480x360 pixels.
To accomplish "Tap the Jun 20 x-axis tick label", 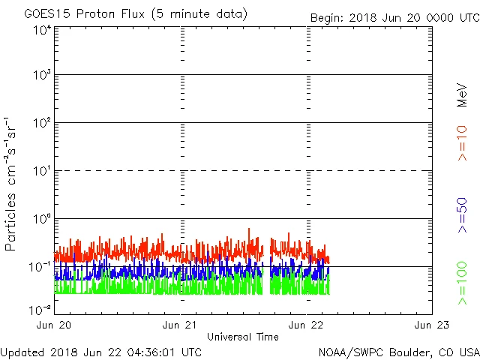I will click(x=55, y=325).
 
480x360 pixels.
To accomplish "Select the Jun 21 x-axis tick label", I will click(x=181, y=325).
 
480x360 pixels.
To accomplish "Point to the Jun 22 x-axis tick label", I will click(x=307, y=325).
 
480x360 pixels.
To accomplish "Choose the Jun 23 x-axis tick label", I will click(x=432, y=325).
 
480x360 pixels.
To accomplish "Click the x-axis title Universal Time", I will click(x=243, y=337).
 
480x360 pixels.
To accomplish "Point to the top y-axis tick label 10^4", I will click(x=42, y=29).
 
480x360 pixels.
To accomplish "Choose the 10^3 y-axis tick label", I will click(x=42, y=76).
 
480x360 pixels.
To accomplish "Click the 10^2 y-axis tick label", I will click(x=42, y=123).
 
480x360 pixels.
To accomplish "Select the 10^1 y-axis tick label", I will click(x=42, y=171).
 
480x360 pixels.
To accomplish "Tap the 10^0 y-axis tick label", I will click(x=42, y=219).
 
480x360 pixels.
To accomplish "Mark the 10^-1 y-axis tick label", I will click(x=40, y=267).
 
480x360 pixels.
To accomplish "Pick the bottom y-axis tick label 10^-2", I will click(x=40, y=309).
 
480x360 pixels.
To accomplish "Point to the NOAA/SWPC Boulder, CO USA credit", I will click(x=398, y=351).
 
